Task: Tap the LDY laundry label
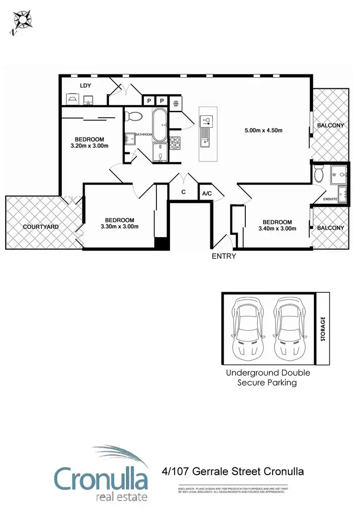(x=86, y=85)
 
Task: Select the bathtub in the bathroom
(x=160, y=124)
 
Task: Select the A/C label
(x=207, y=193)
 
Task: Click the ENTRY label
(x=224, y=256)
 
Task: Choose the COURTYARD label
(x=41, y=226)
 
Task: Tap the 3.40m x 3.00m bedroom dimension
(x=277, y=228)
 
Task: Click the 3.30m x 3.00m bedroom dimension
(x=120, y=226)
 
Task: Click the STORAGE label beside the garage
(x=323, y=329)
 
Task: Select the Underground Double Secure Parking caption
(x=268, y=378)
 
